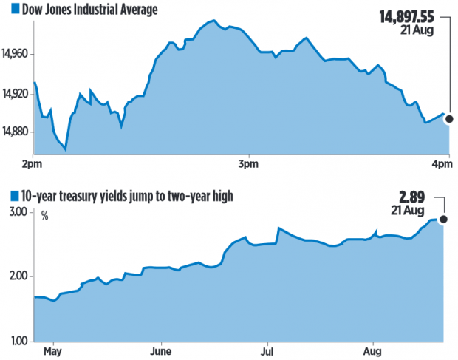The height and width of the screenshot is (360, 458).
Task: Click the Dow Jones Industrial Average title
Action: pyautogui.click(x=89, y=9)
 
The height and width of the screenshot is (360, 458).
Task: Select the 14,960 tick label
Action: pyautogui.click(x=18, y=54)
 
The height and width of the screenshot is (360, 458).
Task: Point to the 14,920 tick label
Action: pyautogui.click(x=18, y=93)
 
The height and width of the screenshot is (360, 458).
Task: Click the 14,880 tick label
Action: pyautogui.click(x=18, y=132)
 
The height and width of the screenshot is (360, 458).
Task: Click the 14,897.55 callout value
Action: pyautogui.click(x=406, y=16)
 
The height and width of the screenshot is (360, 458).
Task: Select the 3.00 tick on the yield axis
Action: pyautogui.click(x=18, y=213)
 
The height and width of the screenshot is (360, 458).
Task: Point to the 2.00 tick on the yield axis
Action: pyautogui.click(x=18, y=276)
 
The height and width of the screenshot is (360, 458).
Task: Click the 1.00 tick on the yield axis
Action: pyautogui.click(x=18, y=341)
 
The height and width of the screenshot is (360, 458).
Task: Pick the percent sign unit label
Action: pyautogui.click(x=45, y=217)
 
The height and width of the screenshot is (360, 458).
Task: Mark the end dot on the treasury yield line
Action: pyautogui.click(x=443, y=219)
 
